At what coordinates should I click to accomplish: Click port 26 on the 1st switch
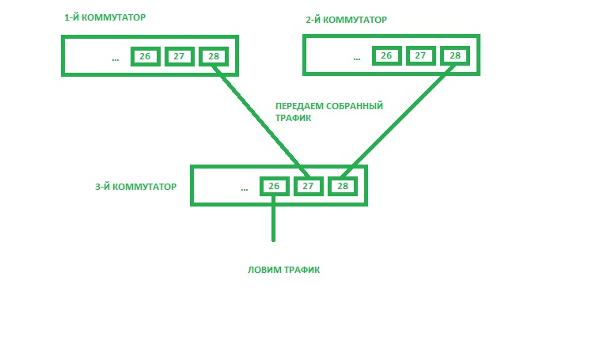[145, 56]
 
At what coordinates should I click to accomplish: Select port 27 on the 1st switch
[180, 56]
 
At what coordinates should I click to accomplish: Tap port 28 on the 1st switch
[214, 56]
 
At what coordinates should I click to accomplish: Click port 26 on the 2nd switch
[386, 55]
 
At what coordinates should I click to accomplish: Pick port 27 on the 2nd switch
[420, 55]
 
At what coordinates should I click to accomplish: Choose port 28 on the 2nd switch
[454, 55]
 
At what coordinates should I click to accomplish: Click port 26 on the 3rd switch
[273, 187]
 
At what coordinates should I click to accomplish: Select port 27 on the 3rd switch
[308, 187]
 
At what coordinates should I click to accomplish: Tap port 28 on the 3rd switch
[342, 187]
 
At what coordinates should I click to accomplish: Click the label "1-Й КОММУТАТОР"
[100, 17]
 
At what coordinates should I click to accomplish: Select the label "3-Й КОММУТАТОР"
[135, 187]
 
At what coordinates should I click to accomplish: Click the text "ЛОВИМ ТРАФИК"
[284, 270]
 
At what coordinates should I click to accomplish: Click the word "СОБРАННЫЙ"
[355, 106]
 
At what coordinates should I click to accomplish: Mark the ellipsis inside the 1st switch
[116, 59]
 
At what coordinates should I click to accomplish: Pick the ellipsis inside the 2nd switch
[357, 59]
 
